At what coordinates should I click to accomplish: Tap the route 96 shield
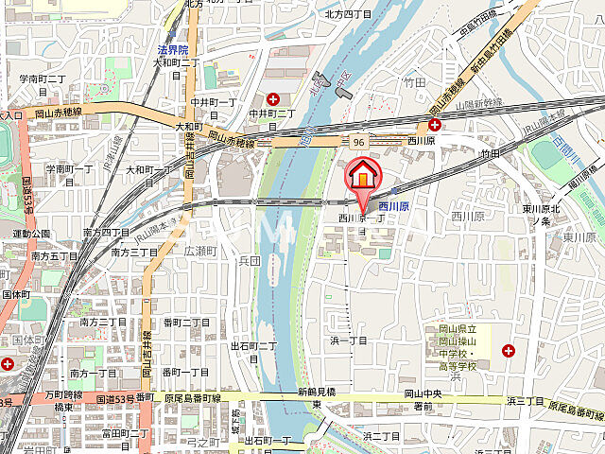(x=359, y=142)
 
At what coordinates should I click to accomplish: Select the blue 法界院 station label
(x=173, y=50)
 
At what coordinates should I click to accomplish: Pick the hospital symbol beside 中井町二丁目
(x=273, y=98)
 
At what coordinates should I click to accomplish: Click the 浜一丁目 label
(x=348, y=340)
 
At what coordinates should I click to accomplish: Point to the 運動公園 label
(x=31, y=233)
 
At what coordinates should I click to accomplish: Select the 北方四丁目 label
(x=349, y=13)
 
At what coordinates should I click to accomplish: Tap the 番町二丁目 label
(x=185, y=323)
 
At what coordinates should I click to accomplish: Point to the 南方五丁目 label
(x=54, y=255)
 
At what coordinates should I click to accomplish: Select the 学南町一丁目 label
(x=69, y=174)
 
